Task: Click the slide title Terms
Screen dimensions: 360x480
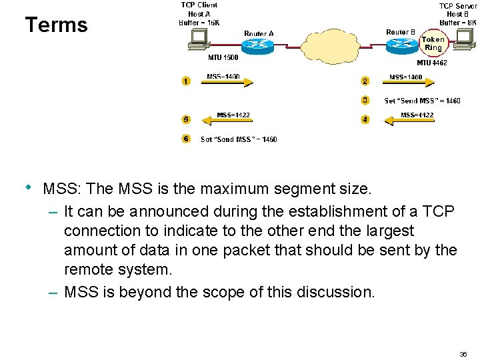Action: [x=56, y=25]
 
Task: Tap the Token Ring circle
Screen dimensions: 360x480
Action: [x=433, y=44]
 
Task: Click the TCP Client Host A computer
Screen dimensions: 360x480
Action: [x=197, y=41]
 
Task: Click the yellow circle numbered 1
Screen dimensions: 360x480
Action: [x=185, y=81]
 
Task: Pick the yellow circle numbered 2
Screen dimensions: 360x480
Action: [x=365, y=81]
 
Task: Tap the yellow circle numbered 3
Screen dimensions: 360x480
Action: [x=365, y=101]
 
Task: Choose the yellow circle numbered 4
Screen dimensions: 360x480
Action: [x=365, y=120]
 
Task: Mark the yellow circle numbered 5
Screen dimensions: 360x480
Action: [x=185, y=120]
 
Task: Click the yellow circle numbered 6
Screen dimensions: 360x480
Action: [x=185, y=139]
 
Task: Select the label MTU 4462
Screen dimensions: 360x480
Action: [x=431, y=63]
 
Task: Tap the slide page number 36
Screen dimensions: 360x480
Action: [x=463, y=353]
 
